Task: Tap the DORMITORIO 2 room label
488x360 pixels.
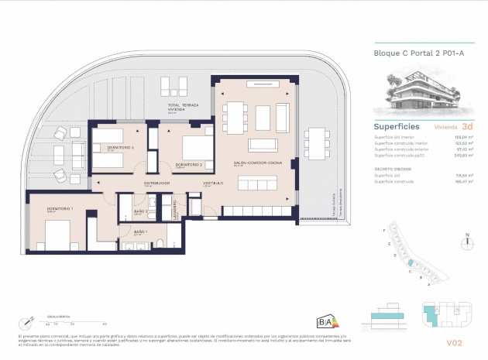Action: tap(189, 164)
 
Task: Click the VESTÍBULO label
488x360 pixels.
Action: tap(212, 183)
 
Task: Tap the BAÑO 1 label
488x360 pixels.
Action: tap(140, 232)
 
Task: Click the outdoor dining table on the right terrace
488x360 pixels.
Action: tap(317, 144)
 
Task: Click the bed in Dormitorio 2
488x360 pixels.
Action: tap(194, 146)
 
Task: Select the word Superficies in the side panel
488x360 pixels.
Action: tap(397, 125)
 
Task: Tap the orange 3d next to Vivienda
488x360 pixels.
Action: tap(466, 125)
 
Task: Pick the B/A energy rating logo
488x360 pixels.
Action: tap(326, 321)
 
